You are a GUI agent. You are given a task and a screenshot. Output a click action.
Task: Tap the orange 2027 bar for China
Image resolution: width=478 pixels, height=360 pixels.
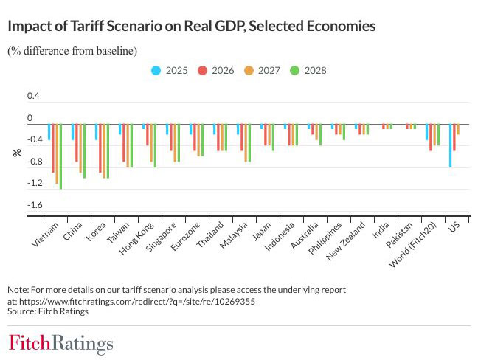click(x=80, y=148)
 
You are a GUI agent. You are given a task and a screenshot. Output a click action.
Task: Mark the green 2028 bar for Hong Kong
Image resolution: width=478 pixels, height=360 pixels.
click(x=155, y=145)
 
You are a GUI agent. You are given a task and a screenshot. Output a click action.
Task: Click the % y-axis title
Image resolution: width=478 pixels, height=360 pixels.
click(x=15, y=153)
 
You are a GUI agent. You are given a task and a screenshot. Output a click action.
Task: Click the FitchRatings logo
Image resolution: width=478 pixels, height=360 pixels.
click(x=61, y=344)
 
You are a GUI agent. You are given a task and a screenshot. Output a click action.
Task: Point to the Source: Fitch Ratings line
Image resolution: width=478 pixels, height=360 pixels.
click(x=48, y=311)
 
